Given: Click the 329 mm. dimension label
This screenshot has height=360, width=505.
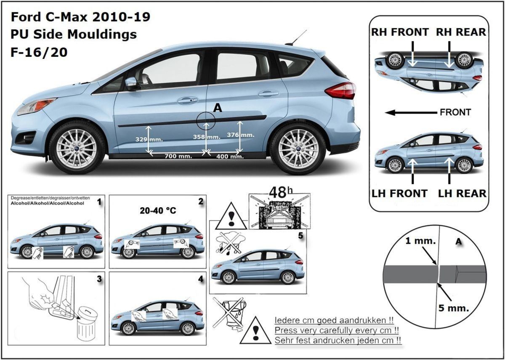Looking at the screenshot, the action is (149, 140).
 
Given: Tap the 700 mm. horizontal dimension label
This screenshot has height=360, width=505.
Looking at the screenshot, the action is (178, 156).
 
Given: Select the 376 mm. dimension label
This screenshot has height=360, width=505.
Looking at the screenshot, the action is (241, 135).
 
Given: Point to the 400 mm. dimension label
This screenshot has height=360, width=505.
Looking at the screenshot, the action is (230, 156).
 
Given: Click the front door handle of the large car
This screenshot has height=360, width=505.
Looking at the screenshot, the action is (188, 100).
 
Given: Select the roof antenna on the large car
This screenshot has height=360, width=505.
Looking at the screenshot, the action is (296, 37).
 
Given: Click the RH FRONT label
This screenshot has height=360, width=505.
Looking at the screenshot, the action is (400, 32).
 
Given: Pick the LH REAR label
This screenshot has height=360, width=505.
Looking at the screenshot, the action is (462, 194).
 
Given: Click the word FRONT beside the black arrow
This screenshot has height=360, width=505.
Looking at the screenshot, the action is (455, 112).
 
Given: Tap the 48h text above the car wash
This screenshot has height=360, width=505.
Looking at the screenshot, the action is (281, 192).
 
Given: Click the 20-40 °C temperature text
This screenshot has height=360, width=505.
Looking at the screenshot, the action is (158, 211).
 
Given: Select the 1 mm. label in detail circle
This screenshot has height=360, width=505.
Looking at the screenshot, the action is (420, 241).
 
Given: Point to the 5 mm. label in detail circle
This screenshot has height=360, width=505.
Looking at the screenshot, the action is (453, 308).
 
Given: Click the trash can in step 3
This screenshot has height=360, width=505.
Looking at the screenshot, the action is (87, 325).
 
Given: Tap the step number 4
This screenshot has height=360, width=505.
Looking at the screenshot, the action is (200, 279).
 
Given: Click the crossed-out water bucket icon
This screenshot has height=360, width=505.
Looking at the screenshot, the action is (229, 312).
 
